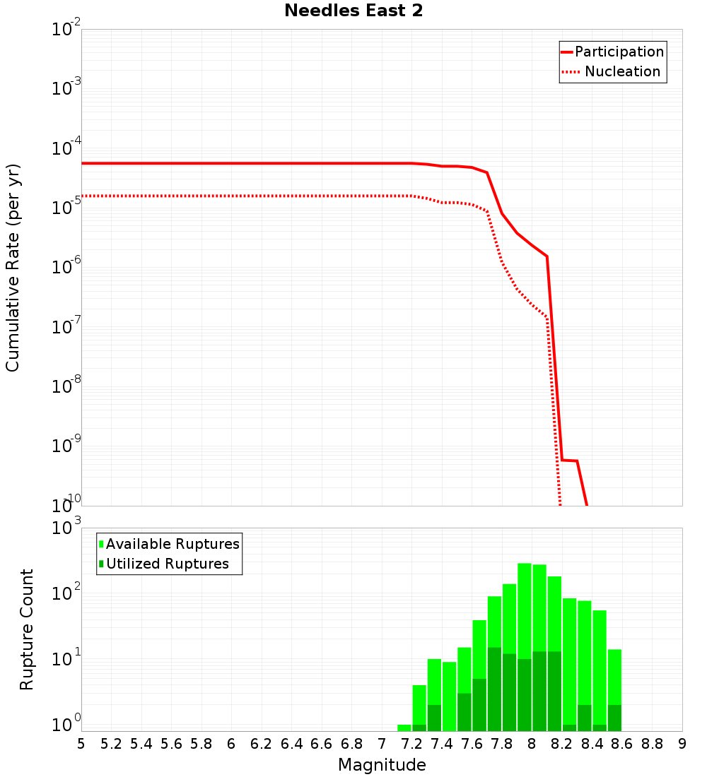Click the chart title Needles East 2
(353, 11)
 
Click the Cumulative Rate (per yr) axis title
(13, 267)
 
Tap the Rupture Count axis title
(27, 629)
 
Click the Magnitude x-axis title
(382, 765)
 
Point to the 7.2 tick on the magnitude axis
(411, 744)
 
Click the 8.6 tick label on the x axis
(622, 744)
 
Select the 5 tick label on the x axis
(81, 744)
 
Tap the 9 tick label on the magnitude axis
(682, 744)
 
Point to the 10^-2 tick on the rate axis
(66, 30)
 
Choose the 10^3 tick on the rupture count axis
(66, 528)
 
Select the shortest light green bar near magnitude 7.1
(404, 728)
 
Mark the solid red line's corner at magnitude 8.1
(547, 256)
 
